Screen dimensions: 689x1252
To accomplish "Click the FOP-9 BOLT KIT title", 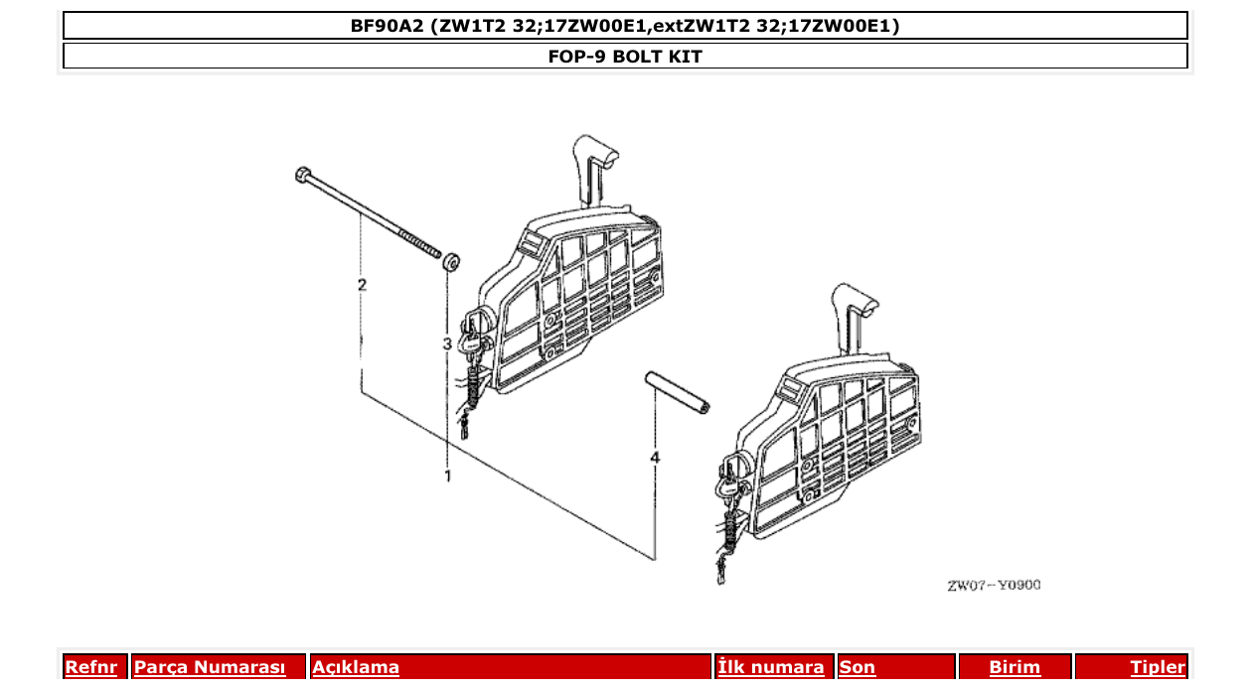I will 625,57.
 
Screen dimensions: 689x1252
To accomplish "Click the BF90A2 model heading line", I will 625,26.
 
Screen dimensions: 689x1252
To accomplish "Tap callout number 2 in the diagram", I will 362,285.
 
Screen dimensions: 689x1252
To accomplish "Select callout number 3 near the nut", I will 447,344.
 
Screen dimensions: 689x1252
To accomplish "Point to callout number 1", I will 447,476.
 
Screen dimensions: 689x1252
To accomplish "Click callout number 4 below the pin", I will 654,457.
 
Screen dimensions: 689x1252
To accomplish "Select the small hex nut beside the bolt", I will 450,262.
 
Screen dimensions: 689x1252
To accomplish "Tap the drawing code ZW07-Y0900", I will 994,585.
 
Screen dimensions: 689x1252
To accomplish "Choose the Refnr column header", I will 90,667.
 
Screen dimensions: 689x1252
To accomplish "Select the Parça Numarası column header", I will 210,667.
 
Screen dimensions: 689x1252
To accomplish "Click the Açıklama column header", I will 356,667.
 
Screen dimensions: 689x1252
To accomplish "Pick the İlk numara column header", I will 770,667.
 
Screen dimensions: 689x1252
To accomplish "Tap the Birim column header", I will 1015,667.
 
